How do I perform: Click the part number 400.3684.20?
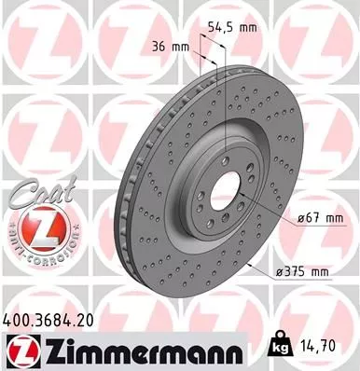point(50,320)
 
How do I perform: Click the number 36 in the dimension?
point(158,46)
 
